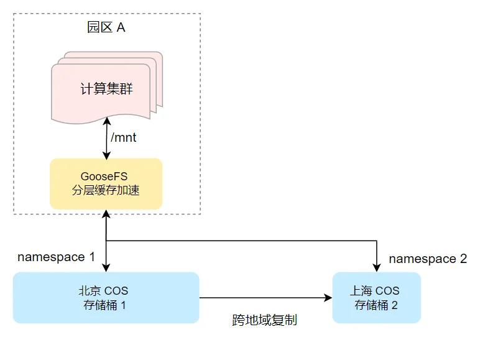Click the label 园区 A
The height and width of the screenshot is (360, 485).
coord(106,28)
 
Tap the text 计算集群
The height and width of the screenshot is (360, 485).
coord(106,89)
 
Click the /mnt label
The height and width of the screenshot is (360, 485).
coord(123,137)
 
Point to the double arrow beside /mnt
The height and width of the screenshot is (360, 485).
coord(107,137)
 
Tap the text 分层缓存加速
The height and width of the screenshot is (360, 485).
coord(106,190)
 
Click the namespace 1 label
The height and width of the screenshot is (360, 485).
coord(56,257)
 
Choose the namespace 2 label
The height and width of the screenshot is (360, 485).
coord(428,259)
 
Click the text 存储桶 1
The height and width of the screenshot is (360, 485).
coord(106,305)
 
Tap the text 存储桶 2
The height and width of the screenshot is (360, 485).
coord(376,305)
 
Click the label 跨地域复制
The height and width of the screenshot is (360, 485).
coord(264,321)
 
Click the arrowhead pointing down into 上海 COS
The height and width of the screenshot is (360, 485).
coord(377,268)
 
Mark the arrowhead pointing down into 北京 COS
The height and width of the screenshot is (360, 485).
coord(107,267)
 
